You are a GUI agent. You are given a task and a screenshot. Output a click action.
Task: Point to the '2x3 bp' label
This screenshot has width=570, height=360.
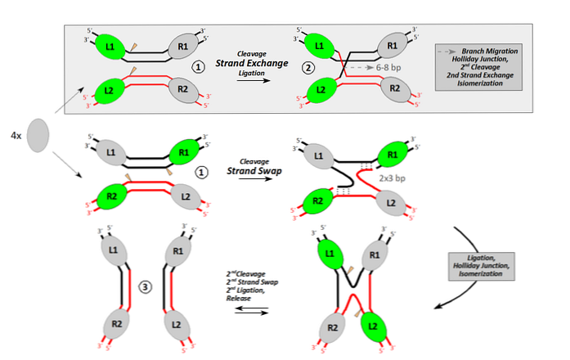point(394,177)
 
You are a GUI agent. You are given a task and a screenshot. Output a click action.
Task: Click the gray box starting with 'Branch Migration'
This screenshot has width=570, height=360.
point(503,65)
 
